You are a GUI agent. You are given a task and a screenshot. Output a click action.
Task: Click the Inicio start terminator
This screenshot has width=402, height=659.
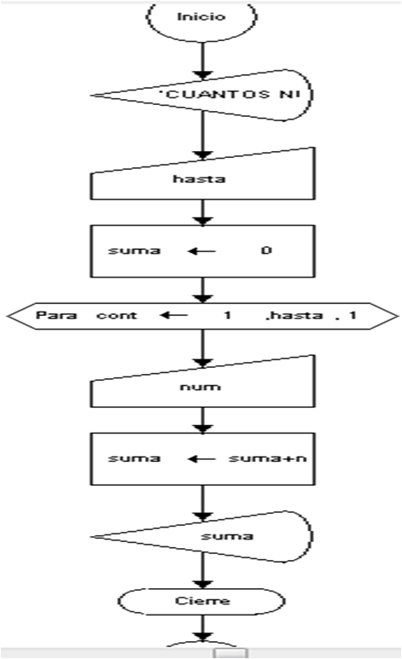tap(201, 17)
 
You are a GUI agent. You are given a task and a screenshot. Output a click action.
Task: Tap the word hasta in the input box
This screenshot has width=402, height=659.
tap(201, 179)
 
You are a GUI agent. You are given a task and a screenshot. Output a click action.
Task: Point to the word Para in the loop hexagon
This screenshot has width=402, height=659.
tap(50, 315)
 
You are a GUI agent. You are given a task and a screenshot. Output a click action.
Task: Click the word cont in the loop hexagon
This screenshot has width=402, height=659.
tap(111, 315)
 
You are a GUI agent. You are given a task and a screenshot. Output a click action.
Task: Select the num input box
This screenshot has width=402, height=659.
tap(201, 387)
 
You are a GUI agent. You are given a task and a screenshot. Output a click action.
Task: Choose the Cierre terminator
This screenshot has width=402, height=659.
tap(201, 600)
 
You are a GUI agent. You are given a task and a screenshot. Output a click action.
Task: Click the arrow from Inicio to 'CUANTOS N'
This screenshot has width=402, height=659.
tap(202, 57)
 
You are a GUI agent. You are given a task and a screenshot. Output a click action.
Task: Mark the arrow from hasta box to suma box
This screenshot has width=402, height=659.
tap(202, 212)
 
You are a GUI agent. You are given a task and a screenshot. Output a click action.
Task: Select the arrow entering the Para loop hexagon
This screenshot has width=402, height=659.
tap(202, 290)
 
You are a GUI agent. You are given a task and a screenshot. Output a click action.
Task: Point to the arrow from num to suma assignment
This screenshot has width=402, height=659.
tap(202, 420)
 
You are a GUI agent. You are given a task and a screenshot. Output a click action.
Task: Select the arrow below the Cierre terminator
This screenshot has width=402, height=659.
tap(202, 628)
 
